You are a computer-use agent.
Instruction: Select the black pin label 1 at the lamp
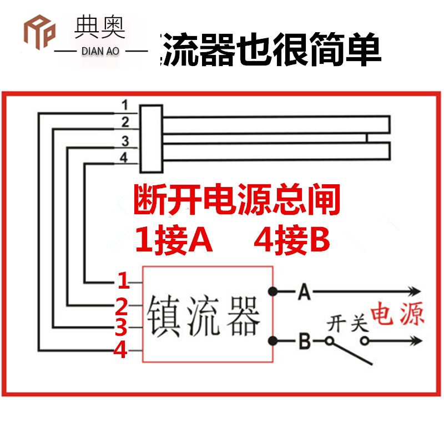[125, 105]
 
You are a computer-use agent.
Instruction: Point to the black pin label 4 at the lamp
[124, 158]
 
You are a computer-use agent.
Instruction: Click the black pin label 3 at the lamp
[125, 140]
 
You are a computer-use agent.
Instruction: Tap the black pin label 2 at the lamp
[125, 122]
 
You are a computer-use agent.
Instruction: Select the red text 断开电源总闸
[236, 201]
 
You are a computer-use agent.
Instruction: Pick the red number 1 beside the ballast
[123, 281]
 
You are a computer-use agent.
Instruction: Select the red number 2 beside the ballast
[122, 306]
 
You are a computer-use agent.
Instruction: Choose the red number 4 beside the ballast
[122, 351]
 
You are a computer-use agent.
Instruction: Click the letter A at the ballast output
[303, 291]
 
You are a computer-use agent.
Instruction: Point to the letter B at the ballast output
[303, 341]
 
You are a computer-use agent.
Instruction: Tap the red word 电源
[397, 314]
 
